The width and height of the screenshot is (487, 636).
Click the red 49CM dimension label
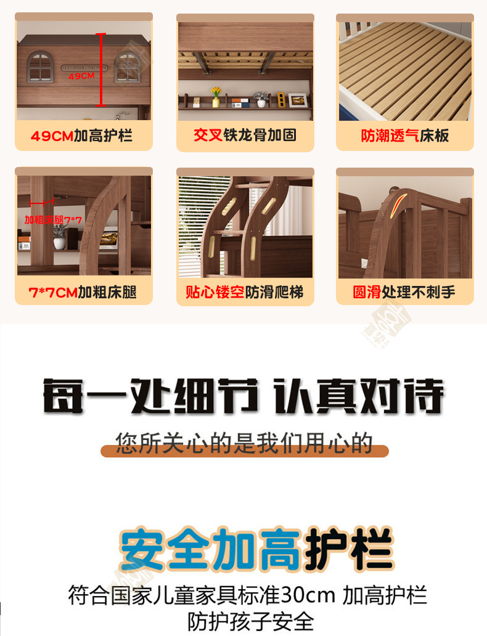(x=81, y=76)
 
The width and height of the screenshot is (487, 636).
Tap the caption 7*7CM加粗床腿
(x=82, y=292)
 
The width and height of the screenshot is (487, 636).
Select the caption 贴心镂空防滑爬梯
(x=245, y=292)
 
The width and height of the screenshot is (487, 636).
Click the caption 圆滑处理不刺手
(x=404, y=292)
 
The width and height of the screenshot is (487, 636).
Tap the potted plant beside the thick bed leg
(x=60, y=236)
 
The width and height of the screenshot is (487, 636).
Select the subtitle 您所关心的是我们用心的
(x=244, y=442)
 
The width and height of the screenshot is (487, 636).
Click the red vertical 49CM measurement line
(x=102, y=70)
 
